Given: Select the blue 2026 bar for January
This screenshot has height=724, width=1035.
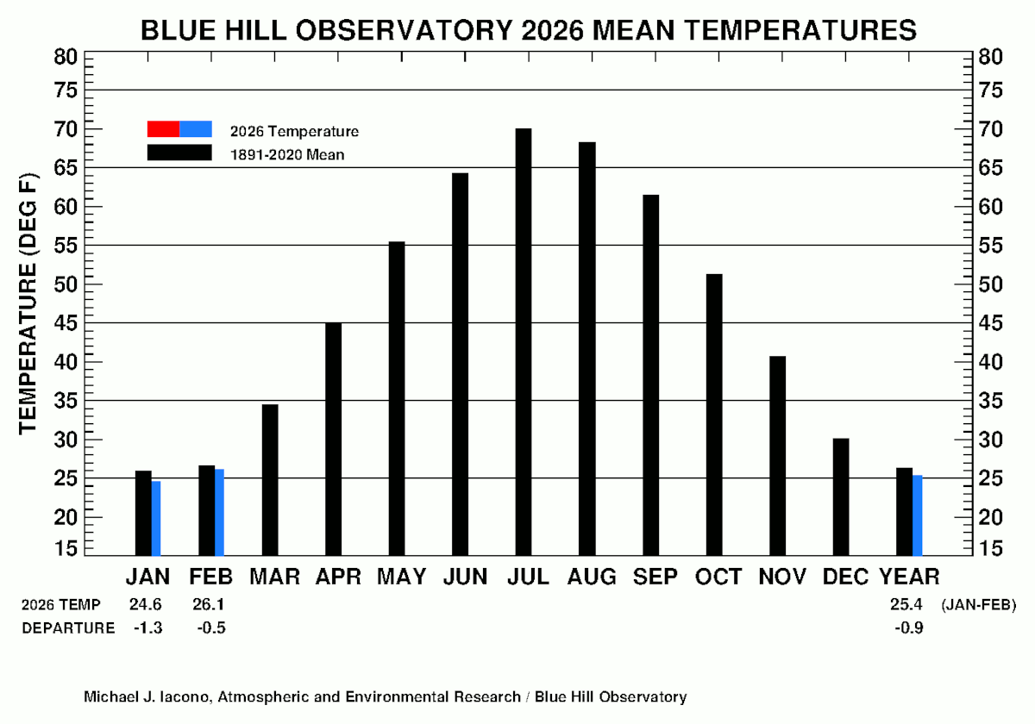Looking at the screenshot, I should pyautogui.click(x=156, y=518).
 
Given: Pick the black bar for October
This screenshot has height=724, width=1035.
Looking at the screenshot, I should pyautogui.click(x=713, y=415).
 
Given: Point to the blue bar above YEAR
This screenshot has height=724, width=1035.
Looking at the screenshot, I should pyautogui.click(x=918, y=515).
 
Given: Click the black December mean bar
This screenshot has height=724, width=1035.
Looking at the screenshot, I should pyautogui.click(x=840, y=496).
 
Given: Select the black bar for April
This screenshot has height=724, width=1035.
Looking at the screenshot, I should pyautogui.click(x=333, y=439).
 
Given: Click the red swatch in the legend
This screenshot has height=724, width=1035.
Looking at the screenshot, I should pyautogui.click(x=163, y=129).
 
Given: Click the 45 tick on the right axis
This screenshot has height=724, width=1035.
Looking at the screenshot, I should pyautogui.click(x=991, y=323).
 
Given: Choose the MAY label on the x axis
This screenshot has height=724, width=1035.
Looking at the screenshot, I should pyautogui.click(x=401, y=577).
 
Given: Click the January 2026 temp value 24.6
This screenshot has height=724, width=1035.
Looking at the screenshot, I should pyautogui.click(x=145, y=604).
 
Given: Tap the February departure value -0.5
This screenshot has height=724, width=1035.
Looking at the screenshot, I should pyautogui.click(x=210, y=627).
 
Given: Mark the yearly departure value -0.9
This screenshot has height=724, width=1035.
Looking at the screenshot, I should pyautogui.click(x=908, y=627).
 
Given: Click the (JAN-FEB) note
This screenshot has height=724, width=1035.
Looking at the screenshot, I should pyautogui.click(x=979, y=604).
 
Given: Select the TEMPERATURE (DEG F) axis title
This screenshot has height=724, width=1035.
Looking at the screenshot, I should pyautogui.click(x=28, y=303).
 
